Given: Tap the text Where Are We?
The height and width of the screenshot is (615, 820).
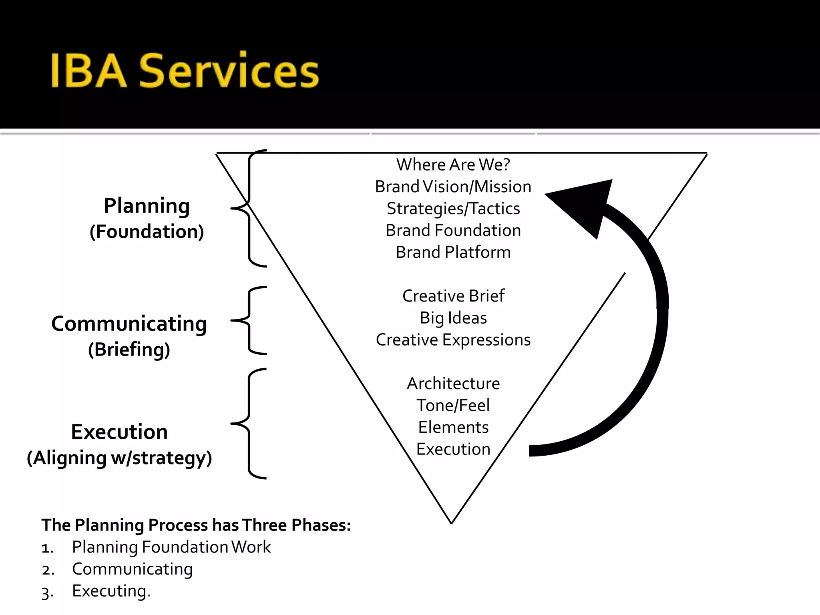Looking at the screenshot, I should (x=453, y=165).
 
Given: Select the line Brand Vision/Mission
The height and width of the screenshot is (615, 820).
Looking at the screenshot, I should (x=453, y=187).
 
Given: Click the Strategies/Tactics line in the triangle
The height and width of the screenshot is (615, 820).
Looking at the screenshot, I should (x=453, y=209).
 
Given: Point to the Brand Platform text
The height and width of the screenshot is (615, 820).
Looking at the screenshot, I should (x=453, y=252).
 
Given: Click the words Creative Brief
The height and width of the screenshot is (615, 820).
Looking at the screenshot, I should (x=453, y=296).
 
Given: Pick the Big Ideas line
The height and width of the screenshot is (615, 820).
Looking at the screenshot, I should (x=453, y=318).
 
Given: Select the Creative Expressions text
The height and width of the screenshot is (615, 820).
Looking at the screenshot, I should (x=453, y=340).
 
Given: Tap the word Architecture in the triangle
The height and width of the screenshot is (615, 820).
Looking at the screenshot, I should (x=453, y=384).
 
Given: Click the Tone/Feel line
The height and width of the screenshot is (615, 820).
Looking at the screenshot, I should (x=453, y=405).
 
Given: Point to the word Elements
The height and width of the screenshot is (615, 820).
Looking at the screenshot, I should (x=453, y=427).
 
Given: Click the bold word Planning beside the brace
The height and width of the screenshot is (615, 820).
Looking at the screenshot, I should (x=147, y=206).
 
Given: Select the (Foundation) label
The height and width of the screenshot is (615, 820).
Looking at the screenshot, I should (x=147, y=232).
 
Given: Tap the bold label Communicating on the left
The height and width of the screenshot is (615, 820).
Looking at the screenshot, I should (x=129, y=324).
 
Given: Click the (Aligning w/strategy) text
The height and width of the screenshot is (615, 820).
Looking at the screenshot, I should (x=119, y=458).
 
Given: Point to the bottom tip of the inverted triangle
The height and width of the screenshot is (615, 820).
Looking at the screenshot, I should (x=451, y=522).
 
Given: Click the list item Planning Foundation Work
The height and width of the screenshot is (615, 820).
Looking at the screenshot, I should (x=171, y=547).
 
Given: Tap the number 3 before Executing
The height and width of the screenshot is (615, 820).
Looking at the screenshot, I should (x=46, y=593).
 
